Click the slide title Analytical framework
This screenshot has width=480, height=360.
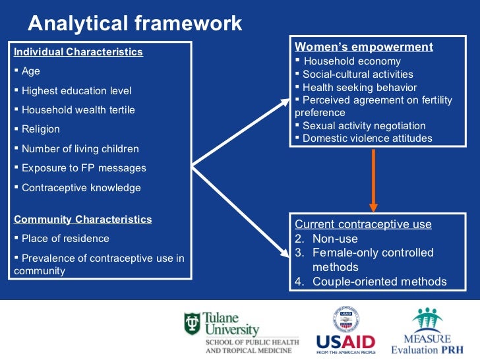pos(135,24)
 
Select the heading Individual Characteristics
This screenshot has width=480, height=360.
pos(78,52)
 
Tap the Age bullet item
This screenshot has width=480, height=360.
pos(30,71)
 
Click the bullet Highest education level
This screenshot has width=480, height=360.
pos(76,91)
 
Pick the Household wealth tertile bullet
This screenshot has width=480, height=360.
pos(78,110)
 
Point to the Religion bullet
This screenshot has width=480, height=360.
pos(40,129)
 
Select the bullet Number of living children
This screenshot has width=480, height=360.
pos(80,149)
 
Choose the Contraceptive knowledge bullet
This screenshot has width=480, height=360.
pos(81,188)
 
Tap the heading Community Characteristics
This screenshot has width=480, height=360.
pos(82,220)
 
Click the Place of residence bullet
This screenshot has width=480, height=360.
pos(65,239)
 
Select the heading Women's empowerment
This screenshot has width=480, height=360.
pos(363,47)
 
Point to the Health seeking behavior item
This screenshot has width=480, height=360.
pos(359,87)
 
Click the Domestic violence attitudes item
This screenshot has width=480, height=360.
pos(367,138)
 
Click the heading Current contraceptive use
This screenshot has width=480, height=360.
pos(363,224)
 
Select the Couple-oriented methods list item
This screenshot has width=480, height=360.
pos(379,282)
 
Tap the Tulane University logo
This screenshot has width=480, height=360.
pos(241,332)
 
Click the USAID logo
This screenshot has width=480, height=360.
pos(345,332)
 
